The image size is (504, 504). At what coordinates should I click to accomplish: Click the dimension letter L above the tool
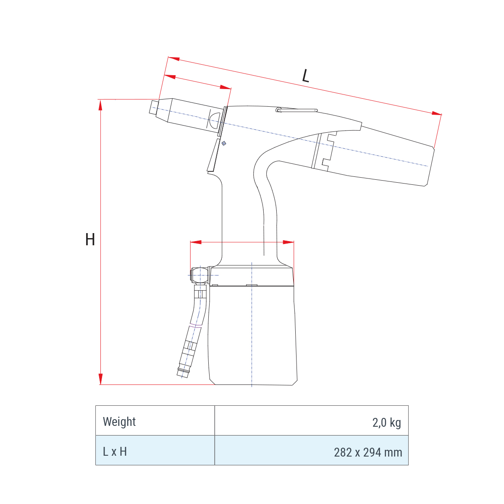[305, 76]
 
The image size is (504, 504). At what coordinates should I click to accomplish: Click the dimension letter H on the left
[90, 239]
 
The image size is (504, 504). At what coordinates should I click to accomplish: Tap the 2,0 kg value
[386, 423]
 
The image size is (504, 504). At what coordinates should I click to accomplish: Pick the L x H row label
[115, 451]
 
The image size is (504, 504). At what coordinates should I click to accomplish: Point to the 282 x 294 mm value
[368, 452]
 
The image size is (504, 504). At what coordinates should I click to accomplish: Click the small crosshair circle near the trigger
[223, 143]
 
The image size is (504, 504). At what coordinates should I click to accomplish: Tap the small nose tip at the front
[154, 107]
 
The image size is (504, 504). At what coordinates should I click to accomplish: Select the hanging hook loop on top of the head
[297, 110]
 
